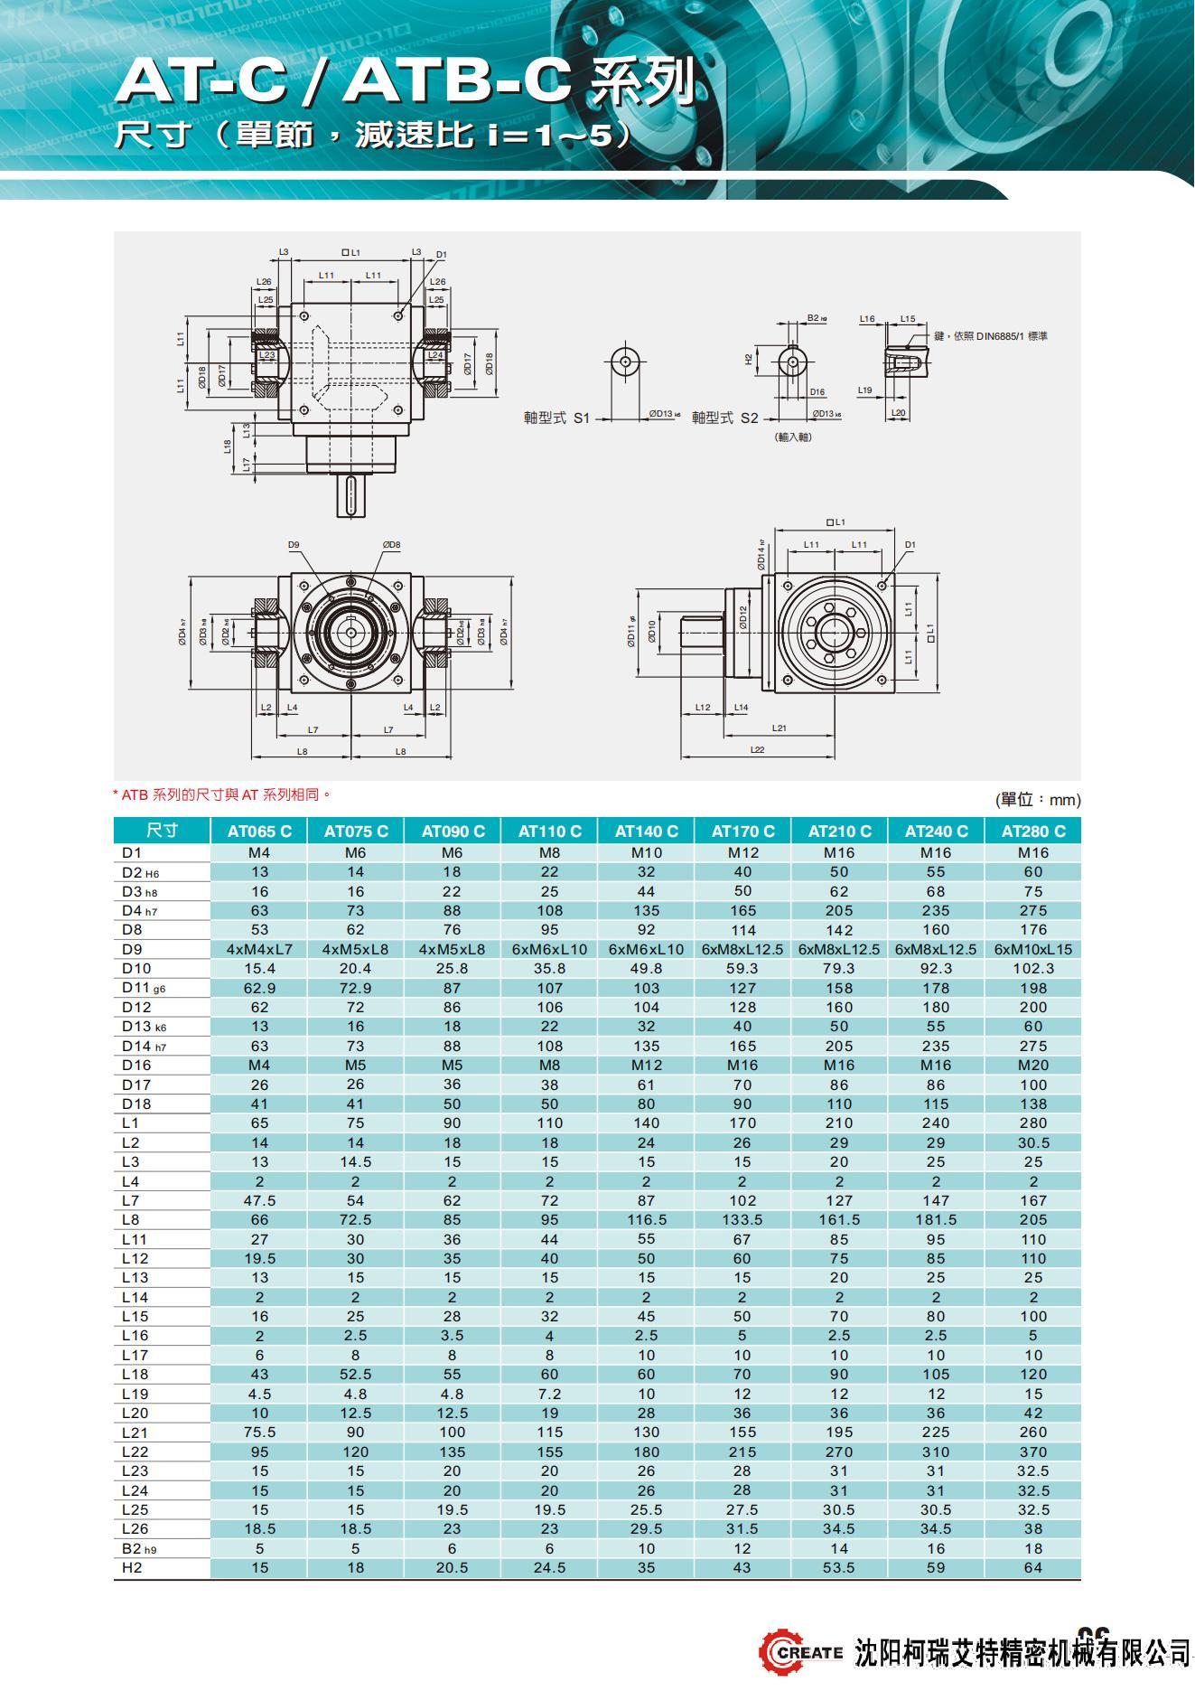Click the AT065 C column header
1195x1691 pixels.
pyautogui.click(x=259, y=831)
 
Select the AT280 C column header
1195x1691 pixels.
pyautogui.click(x=1033, y=831)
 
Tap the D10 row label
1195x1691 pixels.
pyautogui.click(x=136, y=969)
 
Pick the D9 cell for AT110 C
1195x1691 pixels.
pyautogui.click(x=549, y=950)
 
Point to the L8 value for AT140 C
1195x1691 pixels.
pyautogui.click(x=646, y=1220)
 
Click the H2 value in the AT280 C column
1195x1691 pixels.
pyautogui.click(x=1033, y=1568)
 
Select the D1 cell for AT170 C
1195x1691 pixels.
pyautogui.click(x=742, y=853)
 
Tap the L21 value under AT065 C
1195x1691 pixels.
pyautogui.click(x=259, y=1433)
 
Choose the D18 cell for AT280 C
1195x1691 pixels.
pyautogui.click(x=1033, y=1104)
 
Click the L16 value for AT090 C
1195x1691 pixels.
pyautogui.click(x=452, y=1336)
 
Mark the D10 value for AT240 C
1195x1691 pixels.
pyautogui.click(x=936, y=969)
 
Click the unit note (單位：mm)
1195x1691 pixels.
pyautogui.click(x=1038, y=800)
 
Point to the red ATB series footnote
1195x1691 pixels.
pyautogui.click(x=222, y=795)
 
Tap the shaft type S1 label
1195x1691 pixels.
pyautogui.click(x=556, y=418)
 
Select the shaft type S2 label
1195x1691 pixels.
pyautogui.click(x=724, y=418)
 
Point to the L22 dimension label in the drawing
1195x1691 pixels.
pyautogui.click(x=757, y=749)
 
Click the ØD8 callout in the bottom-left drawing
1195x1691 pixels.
pyautogui.click(x=391, y=545)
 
